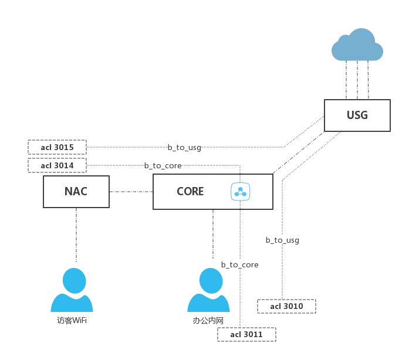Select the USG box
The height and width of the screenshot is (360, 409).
pyautogui.click(x=357, y=115)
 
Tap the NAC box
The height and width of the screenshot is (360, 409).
pyautogui.click(x=76, y=191)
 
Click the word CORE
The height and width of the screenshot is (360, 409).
pyautogui.click(x=190, y=191)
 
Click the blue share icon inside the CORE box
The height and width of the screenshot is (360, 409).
pyautogui.click(x=241, y=191)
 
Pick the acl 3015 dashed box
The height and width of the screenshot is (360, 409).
pyautogui.click(x=57, y=147)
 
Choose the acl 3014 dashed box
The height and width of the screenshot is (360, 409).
pyautogui.click(x=57, y=165)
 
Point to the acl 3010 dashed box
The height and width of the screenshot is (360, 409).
pyautogui.click(x=286, y=306)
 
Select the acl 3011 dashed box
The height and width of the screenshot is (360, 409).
pyautogui.click(x=246, y=334)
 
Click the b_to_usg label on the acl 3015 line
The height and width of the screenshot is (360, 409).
pyautogui.click(x=184, y=148)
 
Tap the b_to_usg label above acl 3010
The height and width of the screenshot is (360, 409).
pyautogui.click(x=282, y=240)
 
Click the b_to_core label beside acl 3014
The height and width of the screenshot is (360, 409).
pyautogui.click(x=163, y=166)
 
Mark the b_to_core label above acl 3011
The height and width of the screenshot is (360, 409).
pyautogui.click(x=239, y=264)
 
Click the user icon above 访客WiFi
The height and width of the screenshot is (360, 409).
pyautogui.click(x=72, y=290)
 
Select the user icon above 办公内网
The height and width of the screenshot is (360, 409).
pyautogui.click(x=208, y=290)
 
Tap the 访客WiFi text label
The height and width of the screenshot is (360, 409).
pyautogui.click(x=72, y=320)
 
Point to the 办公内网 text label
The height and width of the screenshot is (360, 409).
pyautogui.click(x=208, y=320)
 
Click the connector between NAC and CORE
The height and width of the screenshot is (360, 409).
pyautogui.click(x=131, y=191)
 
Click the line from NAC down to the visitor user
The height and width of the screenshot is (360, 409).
pyautogui.click(x=76, y=235)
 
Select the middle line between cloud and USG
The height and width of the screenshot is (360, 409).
pyautogui.click(x=357, y=79)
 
